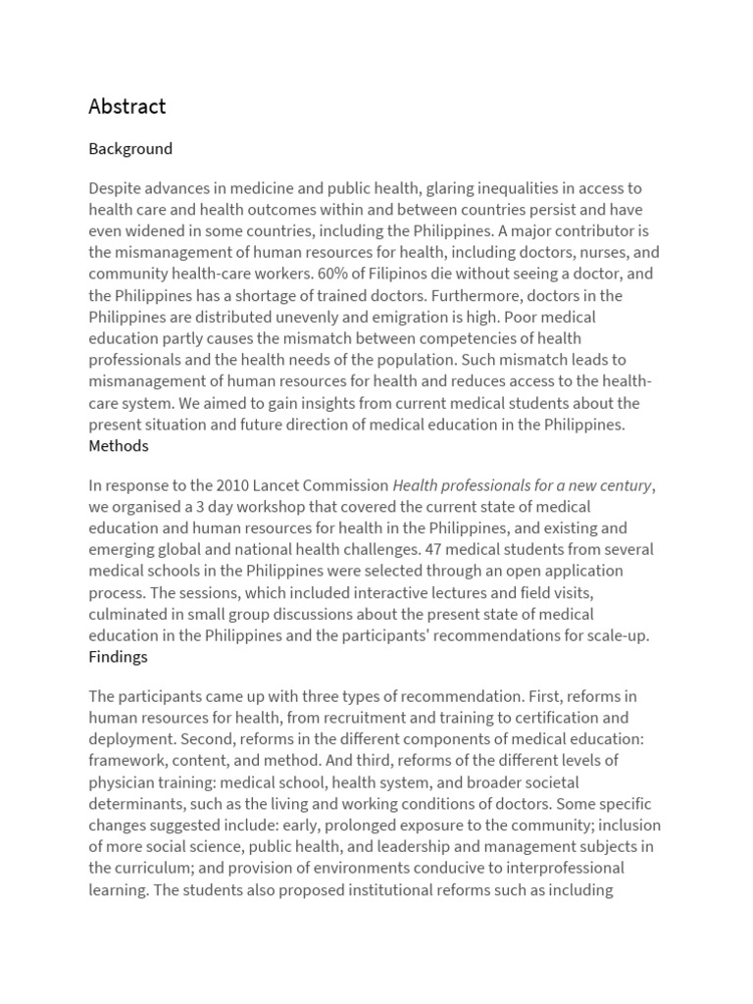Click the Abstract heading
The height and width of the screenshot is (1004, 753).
126,106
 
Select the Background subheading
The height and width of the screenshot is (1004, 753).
129,149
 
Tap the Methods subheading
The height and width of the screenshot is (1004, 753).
119,446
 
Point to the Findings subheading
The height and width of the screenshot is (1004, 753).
118,657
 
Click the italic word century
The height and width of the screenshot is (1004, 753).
621,485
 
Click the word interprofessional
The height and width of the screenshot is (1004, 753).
577,869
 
